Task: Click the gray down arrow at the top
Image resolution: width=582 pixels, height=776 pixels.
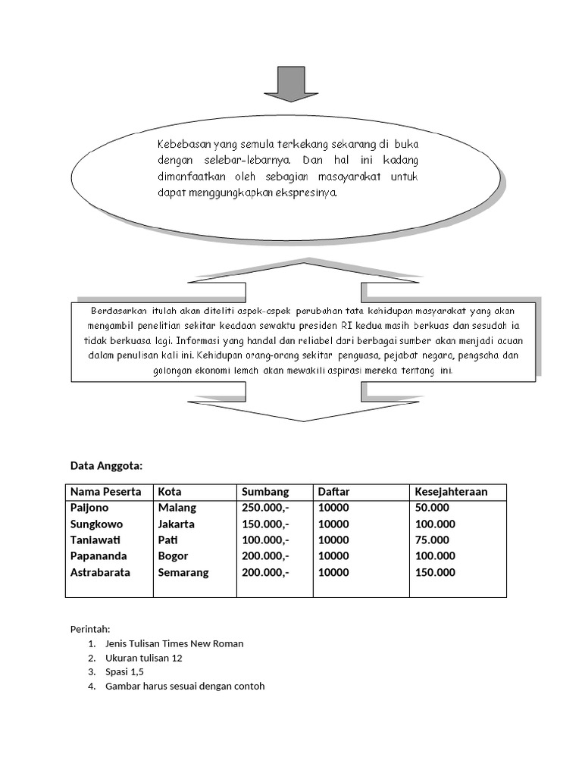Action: tap(291, 83)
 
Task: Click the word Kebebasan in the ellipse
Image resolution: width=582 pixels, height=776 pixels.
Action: tap(185, 143)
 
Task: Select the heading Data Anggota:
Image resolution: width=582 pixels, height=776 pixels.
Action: tap(106, 465)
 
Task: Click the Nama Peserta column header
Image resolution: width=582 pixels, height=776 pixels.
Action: tap(106, 492)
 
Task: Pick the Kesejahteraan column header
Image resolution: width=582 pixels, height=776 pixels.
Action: tap(451, 492)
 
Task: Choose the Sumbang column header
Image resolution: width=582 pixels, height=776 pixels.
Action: tap(265, 492)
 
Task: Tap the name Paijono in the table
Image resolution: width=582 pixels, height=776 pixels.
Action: tap(89, 508)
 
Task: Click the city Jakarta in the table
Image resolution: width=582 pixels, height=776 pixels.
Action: tap(176, 524)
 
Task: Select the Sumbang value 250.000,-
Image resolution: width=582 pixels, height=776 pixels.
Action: tap(265, 508)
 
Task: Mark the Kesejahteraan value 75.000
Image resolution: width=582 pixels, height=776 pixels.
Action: tap(432, 540)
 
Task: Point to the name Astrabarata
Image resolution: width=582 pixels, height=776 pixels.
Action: tap(100, 572)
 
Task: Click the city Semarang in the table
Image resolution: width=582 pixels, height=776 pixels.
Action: tap(183, 572)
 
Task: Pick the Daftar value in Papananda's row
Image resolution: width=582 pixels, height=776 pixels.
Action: tap(333, 555)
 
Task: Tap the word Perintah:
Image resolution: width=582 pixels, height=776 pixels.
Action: tap(90, 629)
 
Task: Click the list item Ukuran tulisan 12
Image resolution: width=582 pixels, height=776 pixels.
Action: tap(144, 658)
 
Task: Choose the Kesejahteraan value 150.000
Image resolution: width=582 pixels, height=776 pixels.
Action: tap(435, 572)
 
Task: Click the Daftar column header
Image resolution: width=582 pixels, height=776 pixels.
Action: tap(333, 492)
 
